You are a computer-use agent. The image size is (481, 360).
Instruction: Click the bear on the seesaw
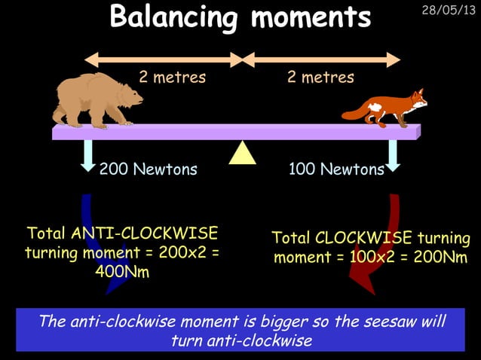pos(94,99)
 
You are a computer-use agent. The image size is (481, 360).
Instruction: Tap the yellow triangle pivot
pos(242,153)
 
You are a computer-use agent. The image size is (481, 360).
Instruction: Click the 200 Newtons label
pos(148,169)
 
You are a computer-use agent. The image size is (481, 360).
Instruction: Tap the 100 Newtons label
pos(336,169)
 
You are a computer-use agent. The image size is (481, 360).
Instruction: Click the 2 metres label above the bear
pos(172,78)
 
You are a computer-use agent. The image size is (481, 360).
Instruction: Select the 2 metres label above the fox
pos(320,78)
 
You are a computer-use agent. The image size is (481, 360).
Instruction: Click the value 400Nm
pos(121,272)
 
